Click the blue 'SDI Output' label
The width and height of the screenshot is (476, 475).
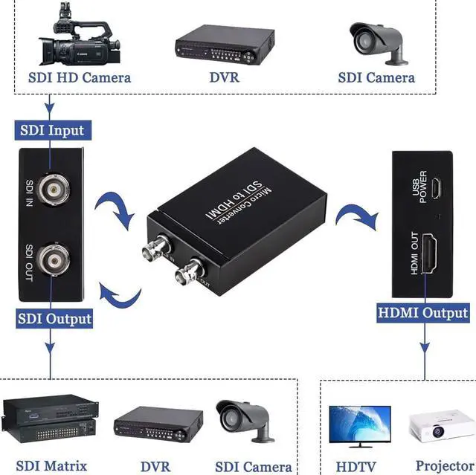click(54, 319)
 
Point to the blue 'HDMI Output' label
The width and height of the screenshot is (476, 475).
click(424, 312)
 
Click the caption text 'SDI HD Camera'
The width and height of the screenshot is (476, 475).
click(80, 77)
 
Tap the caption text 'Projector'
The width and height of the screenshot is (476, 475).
click(444, 466)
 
